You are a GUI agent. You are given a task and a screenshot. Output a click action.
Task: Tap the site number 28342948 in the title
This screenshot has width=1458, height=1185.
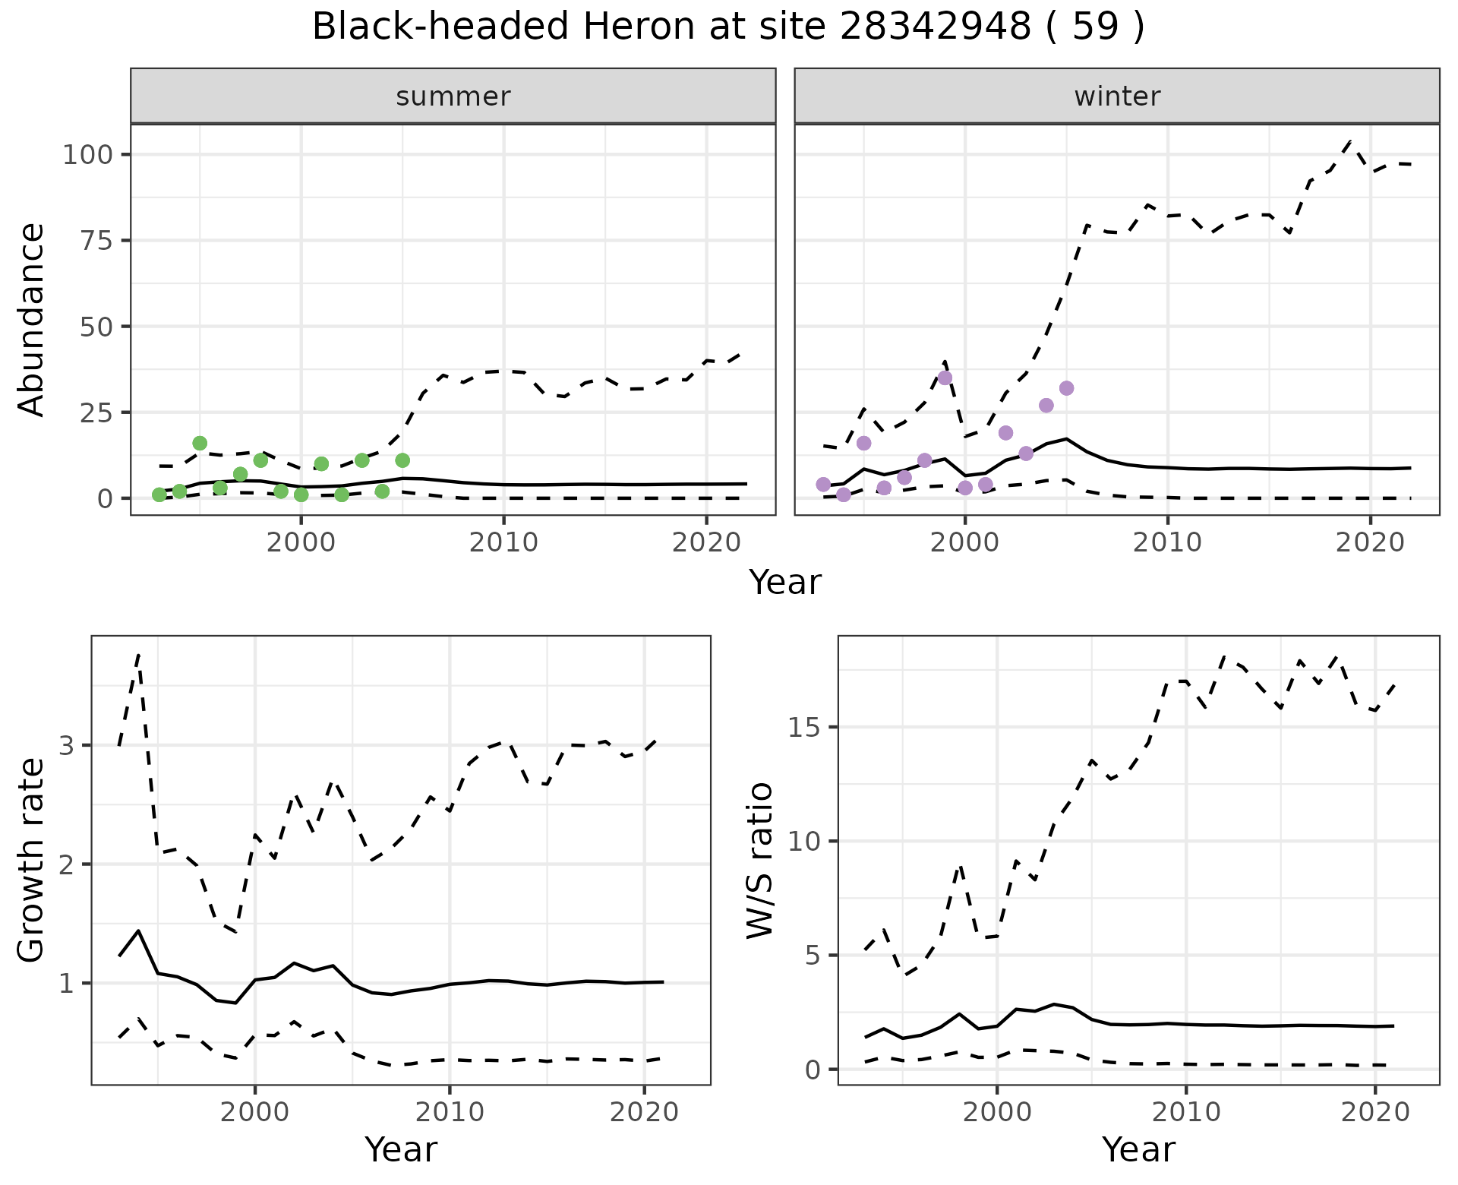click(x=936, y=27)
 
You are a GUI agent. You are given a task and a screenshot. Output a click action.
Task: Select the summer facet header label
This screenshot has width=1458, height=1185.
click(x=453, y=96)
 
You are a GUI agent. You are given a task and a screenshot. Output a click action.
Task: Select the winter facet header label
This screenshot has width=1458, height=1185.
click(x=1117, y=96)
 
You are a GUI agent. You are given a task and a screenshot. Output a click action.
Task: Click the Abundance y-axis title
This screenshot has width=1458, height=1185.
click(x=32, y=320)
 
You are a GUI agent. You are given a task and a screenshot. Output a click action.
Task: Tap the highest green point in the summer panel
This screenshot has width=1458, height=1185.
click(x=200, y=443)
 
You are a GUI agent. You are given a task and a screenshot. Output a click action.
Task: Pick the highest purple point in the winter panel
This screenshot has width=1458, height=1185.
click(x=945, y=378)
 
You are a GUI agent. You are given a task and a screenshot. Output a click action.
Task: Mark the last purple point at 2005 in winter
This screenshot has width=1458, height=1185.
click(x=1066, y=388)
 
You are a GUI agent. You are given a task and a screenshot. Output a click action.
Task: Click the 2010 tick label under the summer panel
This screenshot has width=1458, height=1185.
click(x=503, y=543)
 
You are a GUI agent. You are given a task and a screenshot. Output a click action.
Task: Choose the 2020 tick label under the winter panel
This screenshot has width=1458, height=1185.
click(x=1371, y=543)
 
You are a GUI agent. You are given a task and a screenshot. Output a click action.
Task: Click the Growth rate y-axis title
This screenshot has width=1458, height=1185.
click(x=32, y=860)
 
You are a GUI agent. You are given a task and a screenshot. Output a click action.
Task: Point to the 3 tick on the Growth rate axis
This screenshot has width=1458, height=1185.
click(x=67, y=745)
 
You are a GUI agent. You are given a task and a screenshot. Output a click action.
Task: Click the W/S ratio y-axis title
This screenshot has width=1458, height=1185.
click(x=759, y=860)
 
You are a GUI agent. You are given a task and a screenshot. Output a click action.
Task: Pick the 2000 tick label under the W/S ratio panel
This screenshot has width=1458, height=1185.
click(x=997, y=1113)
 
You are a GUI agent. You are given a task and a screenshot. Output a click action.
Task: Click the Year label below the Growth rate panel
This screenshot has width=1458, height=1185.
click(x=401, y=1149)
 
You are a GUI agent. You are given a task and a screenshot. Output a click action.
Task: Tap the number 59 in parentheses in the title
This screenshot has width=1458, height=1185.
click(x=1096, y=27)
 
